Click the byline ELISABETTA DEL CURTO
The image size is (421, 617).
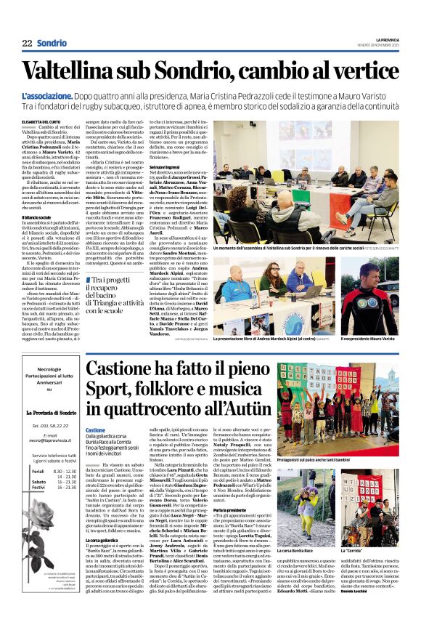[x=41, y=122]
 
